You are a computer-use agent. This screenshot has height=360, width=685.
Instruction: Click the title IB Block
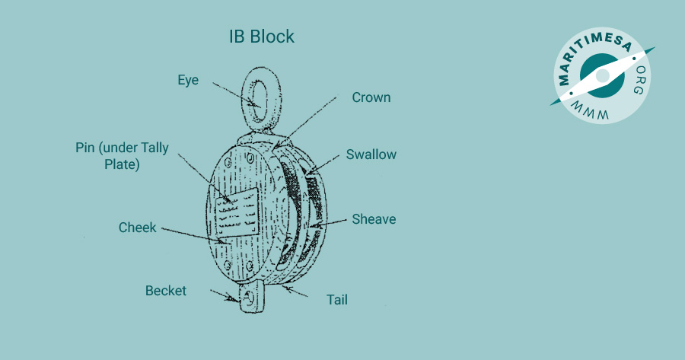click(262, 37)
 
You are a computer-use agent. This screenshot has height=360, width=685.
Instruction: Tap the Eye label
click(188, 81)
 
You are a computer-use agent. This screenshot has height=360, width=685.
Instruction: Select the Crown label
click(371, 97)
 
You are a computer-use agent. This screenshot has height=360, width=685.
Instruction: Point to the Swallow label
click(371, 155)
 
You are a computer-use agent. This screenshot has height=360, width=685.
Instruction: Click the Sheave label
click(374, 219)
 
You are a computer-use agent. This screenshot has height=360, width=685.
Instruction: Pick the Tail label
click(337, 300)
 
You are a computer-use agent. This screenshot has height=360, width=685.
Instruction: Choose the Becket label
click(166, 291)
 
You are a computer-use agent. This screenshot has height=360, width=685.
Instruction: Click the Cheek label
click(137, 227)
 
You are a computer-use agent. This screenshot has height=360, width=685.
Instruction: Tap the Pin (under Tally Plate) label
click(122, 156)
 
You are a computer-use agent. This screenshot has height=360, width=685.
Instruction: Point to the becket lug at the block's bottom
click(252, 297)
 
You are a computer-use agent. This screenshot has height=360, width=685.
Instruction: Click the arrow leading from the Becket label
click(225, 295)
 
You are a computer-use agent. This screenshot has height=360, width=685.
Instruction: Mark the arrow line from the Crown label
click(306, 122)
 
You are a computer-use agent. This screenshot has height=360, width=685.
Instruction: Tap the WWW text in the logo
click(589, 112)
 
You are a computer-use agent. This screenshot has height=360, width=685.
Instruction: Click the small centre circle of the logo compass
click(603, 75)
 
